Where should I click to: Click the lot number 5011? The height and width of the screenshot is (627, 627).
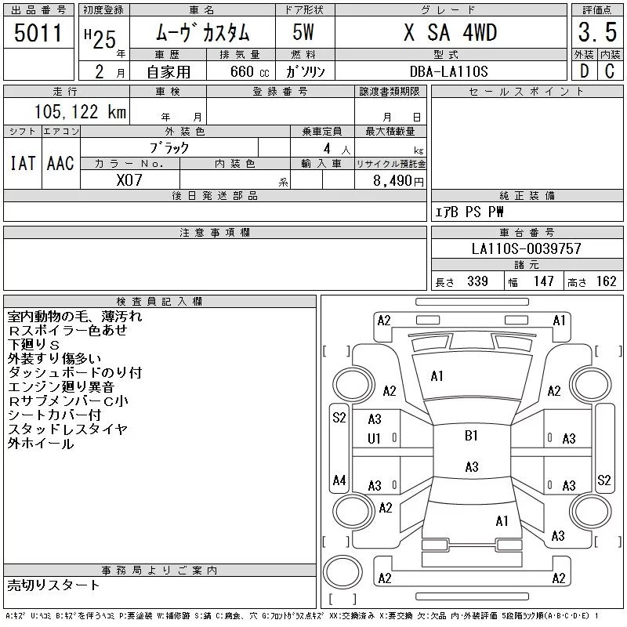pyautogui.click(x=38, y=32)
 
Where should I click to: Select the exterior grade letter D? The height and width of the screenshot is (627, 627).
pyautogui.click(x=583, y=71)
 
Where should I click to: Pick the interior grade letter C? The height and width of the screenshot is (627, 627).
pyautogui.click(x=608, y=71)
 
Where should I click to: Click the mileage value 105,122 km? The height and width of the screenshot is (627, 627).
pyautogui.click(x=80, y=111)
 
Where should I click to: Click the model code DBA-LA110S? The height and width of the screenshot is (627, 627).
pyautogui.click(x=449, y=71)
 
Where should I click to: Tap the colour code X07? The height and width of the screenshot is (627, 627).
pyautogui.click(x=129, y=179)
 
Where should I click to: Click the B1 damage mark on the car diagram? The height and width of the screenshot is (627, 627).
pyautogui.click(x=471, y=437)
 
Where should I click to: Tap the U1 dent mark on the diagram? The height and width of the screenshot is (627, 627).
pyautogui.click(x=375, y=439)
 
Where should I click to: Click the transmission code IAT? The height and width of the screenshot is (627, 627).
pyautogui.click(x=23, y=163)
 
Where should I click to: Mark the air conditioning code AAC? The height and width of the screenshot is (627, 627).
pyautogui.click(x=60, y=163)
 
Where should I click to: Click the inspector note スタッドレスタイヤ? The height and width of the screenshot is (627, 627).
pyautogui.click(x=67, y=429)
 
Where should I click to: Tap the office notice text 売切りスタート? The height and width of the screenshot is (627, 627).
pyautogui.click(x=54, y=585)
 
